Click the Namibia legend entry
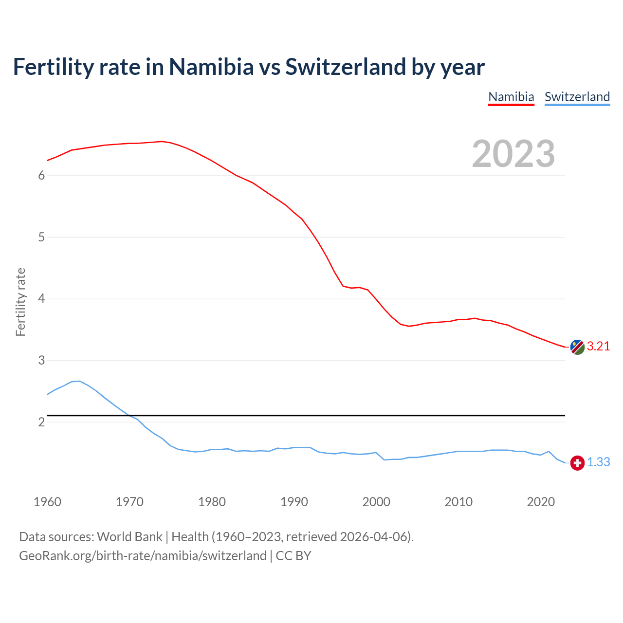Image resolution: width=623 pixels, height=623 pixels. click(511, 97)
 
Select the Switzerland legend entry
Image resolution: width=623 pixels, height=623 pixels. click(577, 97)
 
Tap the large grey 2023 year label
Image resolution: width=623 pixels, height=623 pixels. click(513, 154)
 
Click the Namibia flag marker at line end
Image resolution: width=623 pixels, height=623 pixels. click(577, 347)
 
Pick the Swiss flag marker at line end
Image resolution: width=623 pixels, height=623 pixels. click(577, 463)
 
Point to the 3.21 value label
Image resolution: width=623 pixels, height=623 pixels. click(598, 346)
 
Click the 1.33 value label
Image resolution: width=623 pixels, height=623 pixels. click(598, 462)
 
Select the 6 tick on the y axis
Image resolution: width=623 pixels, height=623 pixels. click(41, 176)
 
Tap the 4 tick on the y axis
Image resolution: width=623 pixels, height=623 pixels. click(41, 298)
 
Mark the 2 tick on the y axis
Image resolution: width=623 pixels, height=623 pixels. click(41, 422)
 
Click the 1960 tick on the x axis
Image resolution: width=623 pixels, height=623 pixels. click(47, 502)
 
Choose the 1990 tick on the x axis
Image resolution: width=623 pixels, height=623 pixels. click(294, 502)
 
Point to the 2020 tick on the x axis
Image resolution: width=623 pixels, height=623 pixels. click(541, 502)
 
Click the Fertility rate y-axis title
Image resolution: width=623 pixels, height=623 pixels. click(20, 302)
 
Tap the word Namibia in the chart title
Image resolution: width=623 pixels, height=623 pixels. click(211, 67)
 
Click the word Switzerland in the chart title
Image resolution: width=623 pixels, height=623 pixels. click(345, 67)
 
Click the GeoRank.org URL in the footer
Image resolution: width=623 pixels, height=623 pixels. click(143, 556)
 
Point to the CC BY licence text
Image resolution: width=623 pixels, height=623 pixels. click(293, 556)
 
